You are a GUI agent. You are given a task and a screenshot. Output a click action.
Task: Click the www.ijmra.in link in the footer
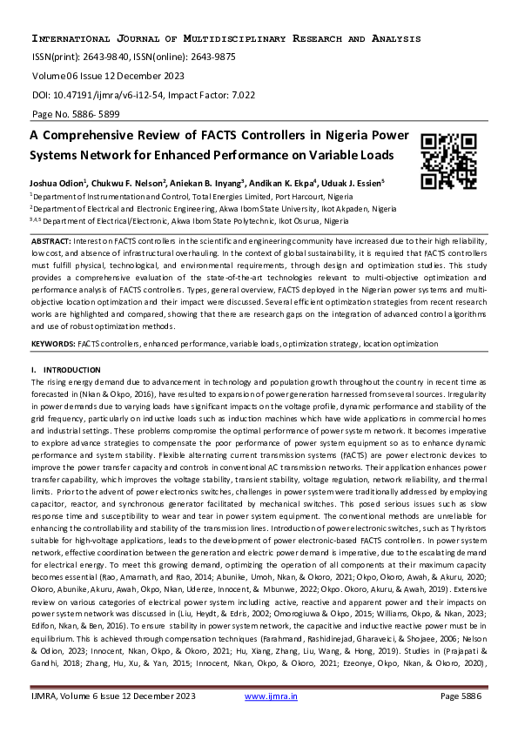(x=272, y=721)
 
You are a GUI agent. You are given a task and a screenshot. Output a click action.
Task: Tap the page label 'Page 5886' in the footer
(x=466, y=721)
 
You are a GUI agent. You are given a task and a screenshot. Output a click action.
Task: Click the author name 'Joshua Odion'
(x=59, y=184)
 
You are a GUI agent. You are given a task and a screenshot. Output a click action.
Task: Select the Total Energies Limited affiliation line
(x=180, y=197)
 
